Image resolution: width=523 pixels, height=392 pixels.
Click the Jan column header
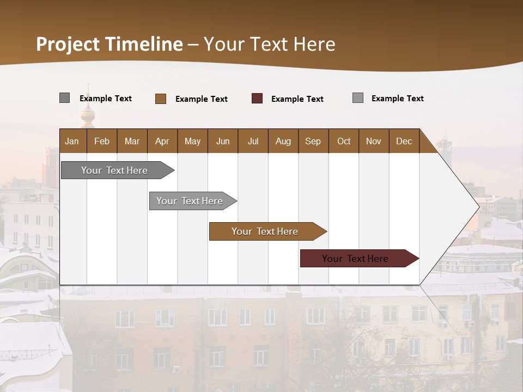click(72, 141)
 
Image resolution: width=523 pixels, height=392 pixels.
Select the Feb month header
click(102, 141)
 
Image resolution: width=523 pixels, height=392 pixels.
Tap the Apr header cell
click(162, 141)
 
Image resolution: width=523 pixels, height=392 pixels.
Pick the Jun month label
click(223, 141)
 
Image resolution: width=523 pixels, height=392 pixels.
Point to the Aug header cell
click(283, 141)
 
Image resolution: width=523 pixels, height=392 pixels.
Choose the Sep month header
click(313, 141)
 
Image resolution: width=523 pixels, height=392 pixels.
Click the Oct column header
click(344, 141)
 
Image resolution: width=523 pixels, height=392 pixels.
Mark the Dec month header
click(404, 141)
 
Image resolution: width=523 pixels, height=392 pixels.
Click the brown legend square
click(161, 99)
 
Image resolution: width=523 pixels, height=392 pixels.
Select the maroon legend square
click(257, 99)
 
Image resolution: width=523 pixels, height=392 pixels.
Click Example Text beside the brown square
click(202, 99)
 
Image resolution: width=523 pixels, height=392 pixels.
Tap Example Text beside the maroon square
click(297, 99)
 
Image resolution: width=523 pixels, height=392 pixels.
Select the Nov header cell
click(374, 141)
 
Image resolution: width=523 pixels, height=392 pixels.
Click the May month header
click(192, 141)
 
